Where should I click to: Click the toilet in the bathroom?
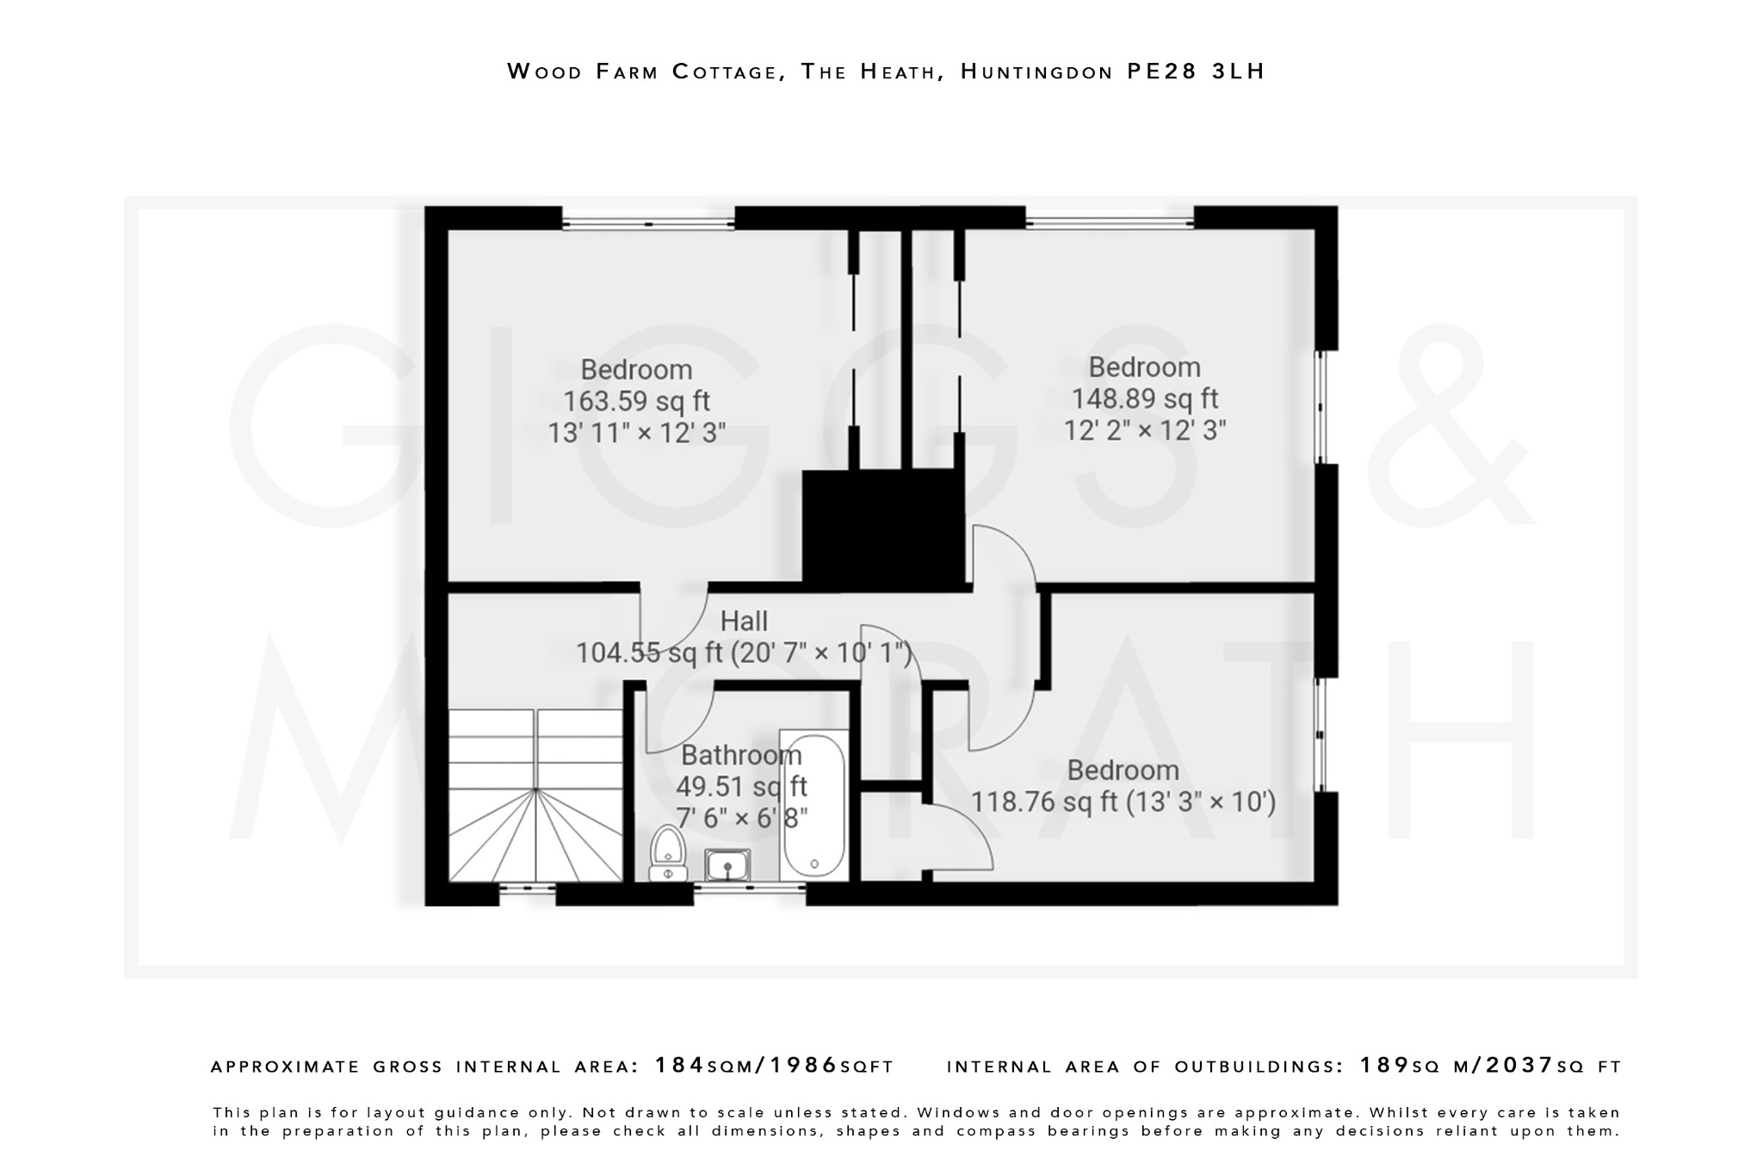click(667, 853)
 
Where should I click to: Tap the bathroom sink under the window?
click(727, 864)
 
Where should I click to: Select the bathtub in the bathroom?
click(813, 804)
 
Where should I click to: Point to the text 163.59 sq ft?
click(636, 401)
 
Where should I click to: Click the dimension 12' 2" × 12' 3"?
click(1144, 430)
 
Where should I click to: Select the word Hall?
click(744, 621)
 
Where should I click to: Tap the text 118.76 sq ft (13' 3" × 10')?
click(1123, 802)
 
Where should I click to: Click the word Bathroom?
click(741, 755)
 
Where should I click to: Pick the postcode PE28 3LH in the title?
click(1196, 71)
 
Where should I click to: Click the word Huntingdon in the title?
click(1037, 71)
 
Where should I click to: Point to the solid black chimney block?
click(882, 529)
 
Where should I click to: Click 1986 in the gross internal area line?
click(803, 1066)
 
